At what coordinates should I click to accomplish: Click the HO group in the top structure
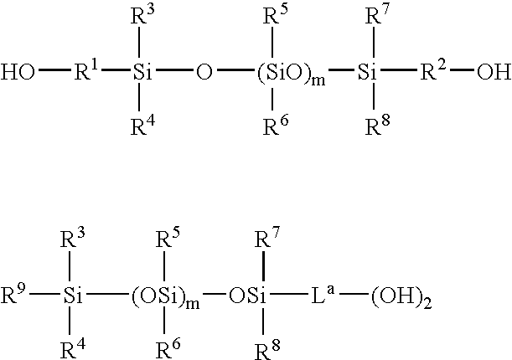click(x=18, y=72)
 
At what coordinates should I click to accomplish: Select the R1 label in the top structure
click(x=86, y=70)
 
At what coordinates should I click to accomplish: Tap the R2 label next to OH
click(x=433, y=70)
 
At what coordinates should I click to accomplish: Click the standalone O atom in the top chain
click(x=204, y=72)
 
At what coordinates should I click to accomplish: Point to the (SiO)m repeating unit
click(x=292, y=74)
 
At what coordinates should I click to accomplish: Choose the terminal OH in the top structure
click(x=494, y=72)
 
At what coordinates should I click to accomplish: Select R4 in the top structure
click(x=142, y=125)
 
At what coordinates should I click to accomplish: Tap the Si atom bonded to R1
click(x=142, y=72)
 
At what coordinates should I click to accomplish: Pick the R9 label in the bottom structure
click(x=13, y=294)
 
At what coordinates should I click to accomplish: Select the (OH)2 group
click(x=401, y=297)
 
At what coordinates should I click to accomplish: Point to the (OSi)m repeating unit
click(x=165, y=297)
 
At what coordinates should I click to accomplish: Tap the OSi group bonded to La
click(x=247, y=296)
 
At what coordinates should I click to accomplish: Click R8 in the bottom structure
click(x=267, y=350)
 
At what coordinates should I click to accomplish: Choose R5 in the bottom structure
click(x=168, y=238)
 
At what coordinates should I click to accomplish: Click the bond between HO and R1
click(x=54, y=69)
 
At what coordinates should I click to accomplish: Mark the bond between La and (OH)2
click(x=353, y=294)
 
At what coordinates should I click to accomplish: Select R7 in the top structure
click(x=378, y=14)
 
